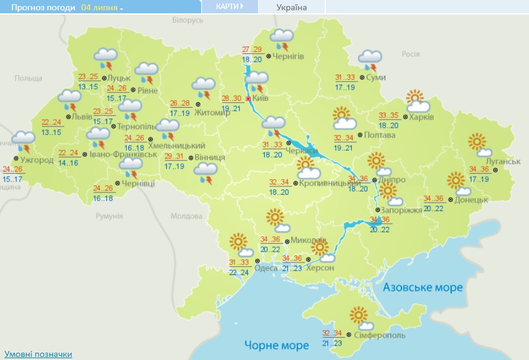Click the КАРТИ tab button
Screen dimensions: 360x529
pos(230,7)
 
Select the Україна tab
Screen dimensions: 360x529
pos(291,8)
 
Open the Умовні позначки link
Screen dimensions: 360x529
pos(38,354)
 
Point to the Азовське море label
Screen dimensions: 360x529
pos(423,287)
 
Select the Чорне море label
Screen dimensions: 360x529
pos(276,345)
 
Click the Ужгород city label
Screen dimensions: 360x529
pos(39,160)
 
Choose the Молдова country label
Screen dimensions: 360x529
pos(186,216)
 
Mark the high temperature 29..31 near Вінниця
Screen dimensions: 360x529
pos(175,156)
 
